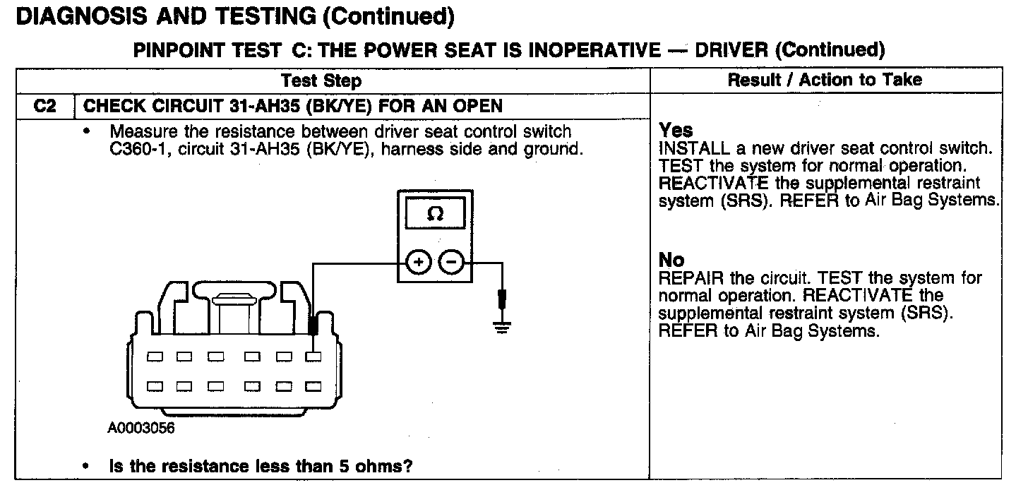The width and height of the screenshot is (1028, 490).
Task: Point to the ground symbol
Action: click(x=502, y=327)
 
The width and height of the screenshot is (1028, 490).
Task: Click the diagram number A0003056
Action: click(x=141, y=429)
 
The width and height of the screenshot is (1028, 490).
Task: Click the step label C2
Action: click(x=44, y=107)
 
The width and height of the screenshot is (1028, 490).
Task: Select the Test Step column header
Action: click(x=331, y=80)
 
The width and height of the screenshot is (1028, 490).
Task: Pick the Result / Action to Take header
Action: click(x=825, y=80)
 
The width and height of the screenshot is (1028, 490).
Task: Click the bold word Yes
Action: click(x=676, y=131)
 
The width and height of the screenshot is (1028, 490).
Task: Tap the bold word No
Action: click(x=671, y=260)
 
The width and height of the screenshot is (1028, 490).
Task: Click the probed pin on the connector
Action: click(x=313, y=357)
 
